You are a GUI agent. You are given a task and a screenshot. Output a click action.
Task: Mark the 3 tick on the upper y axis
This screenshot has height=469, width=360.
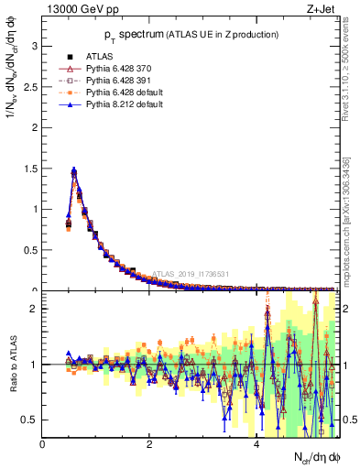[x=33, y=44]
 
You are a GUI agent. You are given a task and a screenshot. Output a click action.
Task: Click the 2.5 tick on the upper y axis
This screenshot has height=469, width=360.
[x=29, y=85]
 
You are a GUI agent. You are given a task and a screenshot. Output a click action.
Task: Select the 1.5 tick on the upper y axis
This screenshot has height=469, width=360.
[x=29, y=168]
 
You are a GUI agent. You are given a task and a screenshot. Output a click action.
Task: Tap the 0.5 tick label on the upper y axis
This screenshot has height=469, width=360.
[x=29, y=250]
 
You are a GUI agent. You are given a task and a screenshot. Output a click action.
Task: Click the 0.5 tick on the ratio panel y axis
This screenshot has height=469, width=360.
[x=29, y=420]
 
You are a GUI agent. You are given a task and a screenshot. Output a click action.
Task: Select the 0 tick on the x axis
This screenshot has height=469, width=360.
[x=43, y=443]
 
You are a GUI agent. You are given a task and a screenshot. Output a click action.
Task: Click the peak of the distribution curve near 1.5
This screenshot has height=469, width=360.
[x=73, y=169]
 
